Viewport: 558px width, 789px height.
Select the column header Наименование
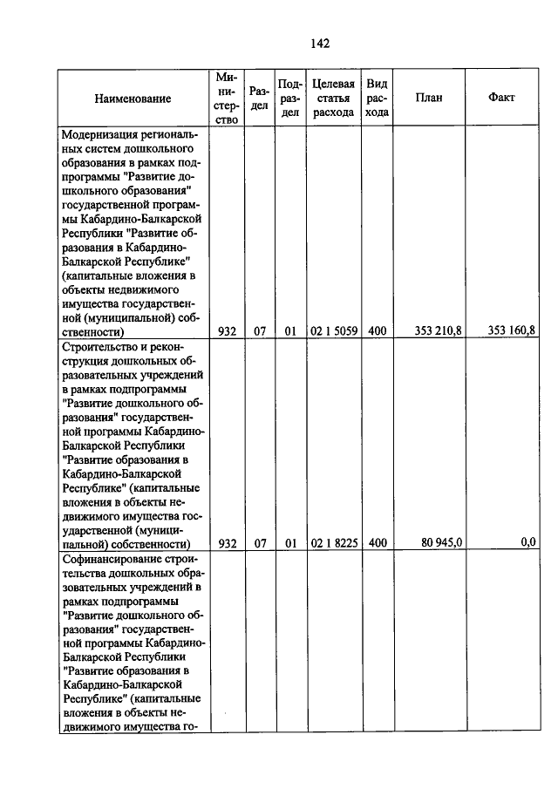coord(133,99)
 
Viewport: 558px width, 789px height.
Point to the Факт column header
coord(502,98)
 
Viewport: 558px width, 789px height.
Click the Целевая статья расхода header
coord(332,98)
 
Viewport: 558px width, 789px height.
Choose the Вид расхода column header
coord(377,98)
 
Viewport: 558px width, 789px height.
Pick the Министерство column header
coord(227,98)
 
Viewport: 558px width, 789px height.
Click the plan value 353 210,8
coord(440,331)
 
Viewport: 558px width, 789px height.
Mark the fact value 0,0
coord(527,542)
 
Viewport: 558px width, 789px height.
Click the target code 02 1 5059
coord(332,331)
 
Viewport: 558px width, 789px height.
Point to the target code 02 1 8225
coord(332,542)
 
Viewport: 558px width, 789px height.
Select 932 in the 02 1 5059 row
coord(228,331)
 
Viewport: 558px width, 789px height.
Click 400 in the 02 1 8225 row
coord(377,542)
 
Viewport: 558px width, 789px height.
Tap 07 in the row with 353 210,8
coord(259,331)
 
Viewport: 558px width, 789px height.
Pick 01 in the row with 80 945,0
coord(290,542)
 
